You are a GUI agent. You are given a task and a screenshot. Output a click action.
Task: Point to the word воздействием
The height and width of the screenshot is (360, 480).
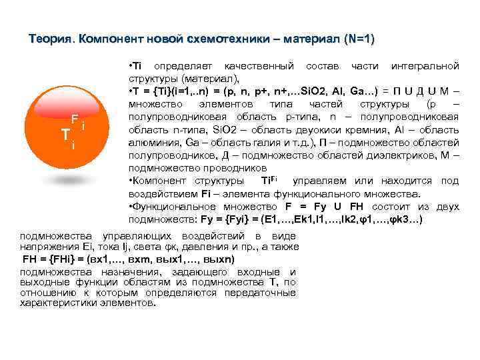tap(158, 194)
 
